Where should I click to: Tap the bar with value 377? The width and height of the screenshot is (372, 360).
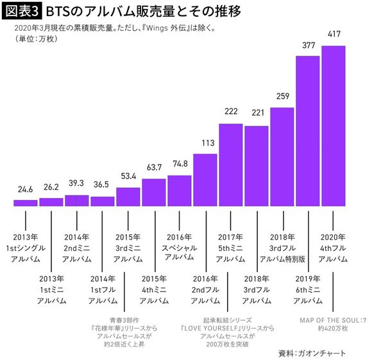(308, 131)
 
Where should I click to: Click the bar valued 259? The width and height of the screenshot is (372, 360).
(282, 158)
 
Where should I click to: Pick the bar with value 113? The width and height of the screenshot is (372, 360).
(205, 181)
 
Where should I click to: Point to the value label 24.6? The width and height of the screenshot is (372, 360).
(25, 190)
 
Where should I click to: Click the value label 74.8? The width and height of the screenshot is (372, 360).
(179, 163)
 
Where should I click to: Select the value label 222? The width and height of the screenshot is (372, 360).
(231, 111)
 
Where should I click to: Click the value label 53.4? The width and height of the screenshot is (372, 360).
(128, 176)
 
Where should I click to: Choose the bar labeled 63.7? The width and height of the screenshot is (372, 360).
(154, 193)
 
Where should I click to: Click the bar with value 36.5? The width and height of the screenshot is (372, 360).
(103, 201)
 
